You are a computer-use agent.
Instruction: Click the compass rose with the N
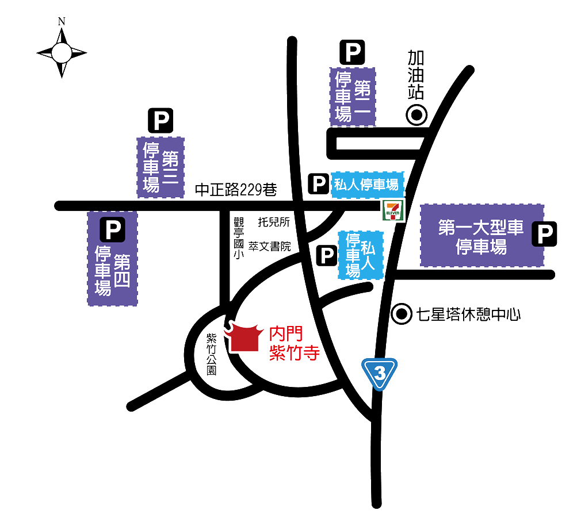(62, 52)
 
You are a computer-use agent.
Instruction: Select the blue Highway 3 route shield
(379, 373)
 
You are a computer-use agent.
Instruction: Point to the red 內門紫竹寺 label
(294, 343)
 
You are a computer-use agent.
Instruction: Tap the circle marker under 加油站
(416, 115)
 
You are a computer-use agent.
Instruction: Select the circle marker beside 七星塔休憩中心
(400, 314)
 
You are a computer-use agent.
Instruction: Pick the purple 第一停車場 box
(353, 97)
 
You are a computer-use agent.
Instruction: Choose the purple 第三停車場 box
(161, 167)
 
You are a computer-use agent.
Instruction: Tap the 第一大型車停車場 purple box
(482, 236)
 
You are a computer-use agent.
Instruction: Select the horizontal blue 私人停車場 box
(366, 185)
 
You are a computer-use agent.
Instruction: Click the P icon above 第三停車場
(161, 121)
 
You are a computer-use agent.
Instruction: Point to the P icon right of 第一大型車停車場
(544, 234)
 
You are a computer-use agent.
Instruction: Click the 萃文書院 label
(270, 246)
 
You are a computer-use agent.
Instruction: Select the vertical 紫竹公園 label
(211, 354)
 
